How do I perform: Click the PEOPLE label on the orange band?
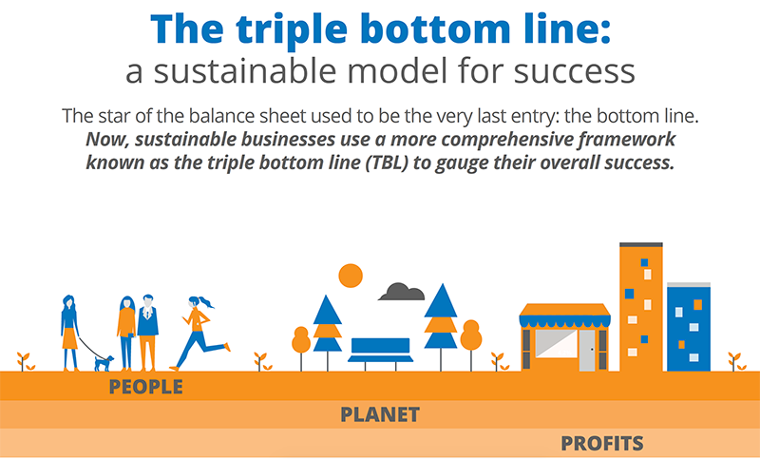point(145,387)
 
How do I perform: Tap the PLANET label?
point(380,415)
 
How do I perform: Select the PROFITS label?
point(601,443)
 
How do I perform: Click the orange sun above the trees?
point(351,275)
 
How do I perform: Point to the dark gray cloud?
point(402,292)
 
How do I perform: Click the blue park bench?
point(381,349)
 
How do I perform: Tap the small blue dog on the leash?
point(104,362)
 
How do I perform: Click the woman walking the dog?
point(69,332)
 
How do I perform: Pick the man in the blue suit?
point(147,332)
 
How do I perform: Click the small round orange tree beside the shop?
point(471,336)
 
